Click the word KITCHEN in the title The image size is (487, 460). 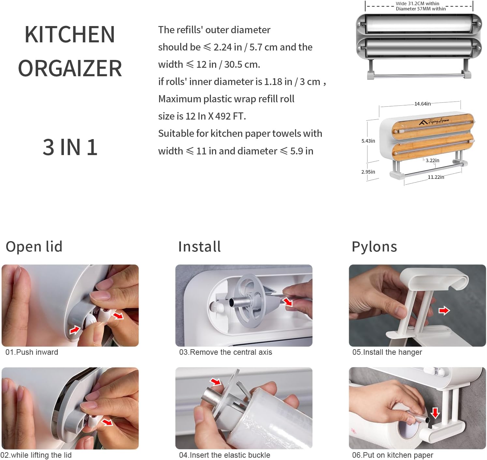(x=70, y=35)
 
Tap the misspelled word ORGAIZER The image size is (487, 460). (x=70, y=68)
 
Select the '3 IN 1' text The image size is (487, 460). (x=70, y=147)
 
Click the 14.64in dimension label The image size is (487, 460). (x=422, y=104)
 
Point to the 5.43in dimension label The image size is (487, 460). (x=368, y=141)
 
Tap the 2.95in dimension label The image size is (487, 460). (x=368, y=172)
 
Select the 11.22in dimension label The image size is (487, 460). (x=435, y=177)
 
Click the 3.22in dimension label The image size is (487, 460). (x=432, y=160)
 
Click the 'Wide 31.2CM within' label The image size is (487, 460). (x=417, y=4)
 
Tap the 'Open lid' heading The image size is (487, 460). (x=34, y=247)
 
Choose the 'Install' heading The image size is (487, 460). (x=199, y=247)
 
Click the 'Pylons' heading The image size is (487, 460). (x=374, y=247)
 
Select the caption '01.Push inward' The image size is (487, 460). (x=32, y=352)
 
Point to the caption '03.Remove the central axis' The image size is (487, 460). (x=226, y=352)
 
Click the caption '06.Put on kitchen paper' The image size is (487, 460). (x=392, y=455)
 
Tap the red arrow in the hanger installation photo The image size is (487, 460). (x=444, y=310)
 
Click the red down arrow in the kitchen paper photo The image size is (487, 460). (x=435, y=413)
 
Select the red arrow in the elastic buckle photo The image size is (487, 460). (x=215, y=381)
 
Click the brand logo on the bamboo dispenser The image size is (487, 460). (x=434, y=122)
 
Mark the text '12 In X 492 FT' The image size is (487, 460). (x=215, y=116)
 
